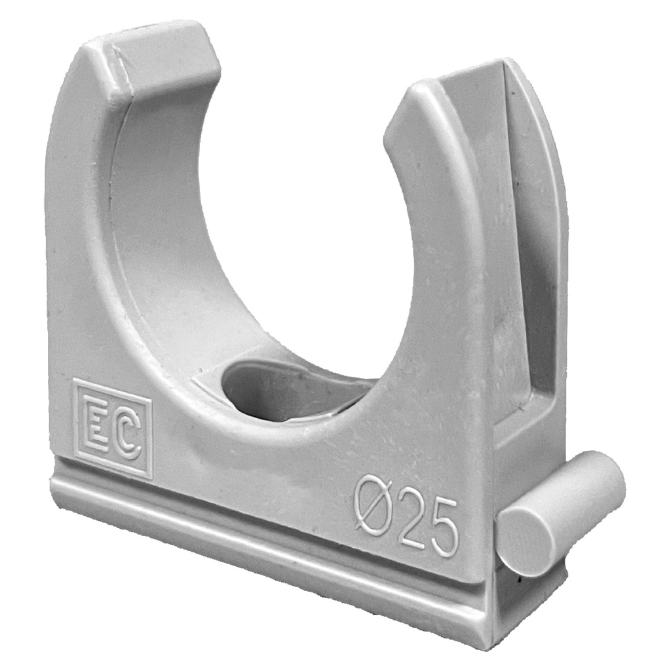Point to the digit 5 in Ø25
tap(443, 527)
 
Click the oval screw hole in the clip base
tap(288, 390)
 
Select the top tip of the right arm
tap(426, 92)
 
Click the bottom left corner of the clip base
tap(54, 488)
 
